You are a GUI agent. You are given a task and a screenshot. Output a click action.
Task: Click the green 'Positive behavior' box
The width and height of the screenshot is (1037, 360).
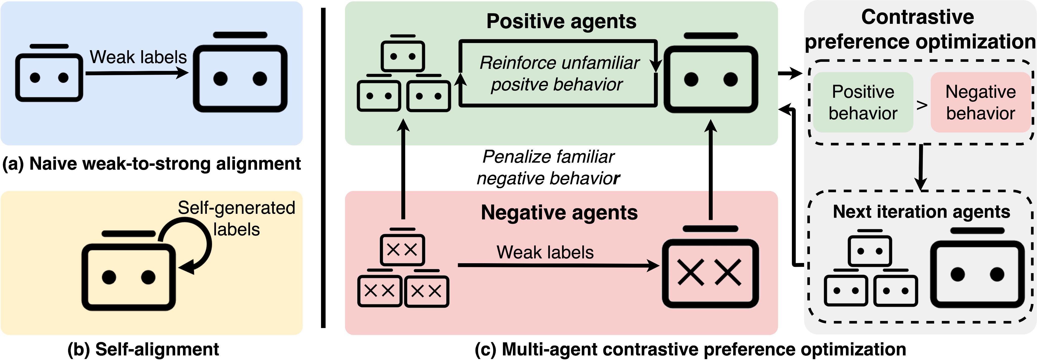click(863, 102)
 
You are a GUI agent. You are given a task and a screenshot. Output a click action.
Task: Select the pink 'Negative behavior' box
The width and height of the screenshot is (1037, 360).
click(981, 102)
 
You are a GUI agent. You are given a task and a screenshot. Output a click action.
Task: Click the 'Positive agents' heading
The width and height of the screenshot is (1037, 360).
click(562, 21)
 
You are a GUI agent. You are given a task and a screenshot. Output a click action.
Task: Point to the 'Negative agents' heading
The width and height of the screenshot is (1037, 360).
click(559, 212)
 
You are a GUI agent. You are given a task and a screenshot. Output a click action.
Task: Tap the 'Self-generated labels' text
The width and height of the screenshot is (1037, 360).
click(237, 219)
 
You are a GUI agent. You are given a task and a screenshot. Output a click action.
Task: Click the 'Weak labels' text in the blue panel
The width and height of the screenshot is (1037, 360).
click(138, 57)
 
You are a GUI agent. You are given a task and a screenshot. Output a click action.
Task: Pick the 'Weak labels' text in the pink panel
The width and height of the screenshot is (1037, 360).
click(545, 252)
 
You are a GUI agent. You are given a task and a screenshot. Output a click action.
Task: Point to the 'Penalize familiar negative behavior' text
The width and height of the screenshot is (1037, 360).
click(548, 167)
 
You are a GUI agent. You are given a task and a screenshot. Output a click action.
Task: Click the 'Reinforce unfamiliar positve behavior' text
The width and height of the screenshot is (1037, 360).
click(559, 73)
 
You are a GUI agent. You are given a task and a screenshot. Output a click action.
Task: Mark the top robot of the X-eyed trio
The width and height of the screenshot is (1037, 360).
click(403, 247)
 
